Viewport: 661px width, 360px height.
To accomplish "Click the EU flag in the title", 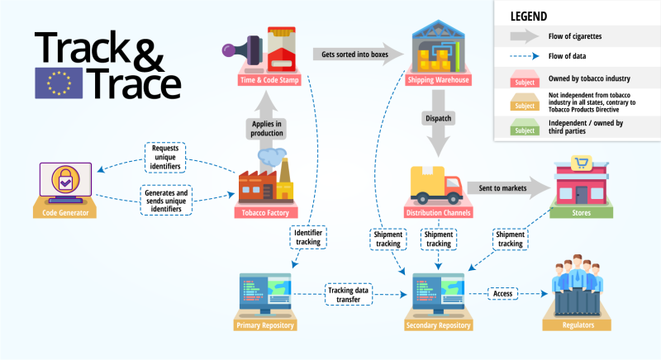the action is (59, 83).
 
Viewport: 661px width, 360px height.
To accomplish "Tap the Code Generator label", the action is (65, 213).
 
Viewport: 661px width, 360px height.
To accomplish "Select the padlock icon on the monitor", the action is (65, 179).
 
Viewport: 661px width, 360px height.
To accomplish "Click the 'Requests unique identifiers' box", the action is (165, 158).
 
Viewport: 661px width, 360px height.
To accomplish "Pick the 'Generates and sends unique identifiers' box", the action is (166, 201).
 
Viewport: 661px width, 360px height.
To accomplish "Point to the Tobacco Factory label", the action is (265, 213).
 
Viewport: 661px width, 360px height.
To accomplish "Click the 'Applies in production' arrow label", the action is (266, 129).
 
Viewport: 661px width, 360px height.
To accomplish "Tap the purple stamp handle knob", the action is (229, 50).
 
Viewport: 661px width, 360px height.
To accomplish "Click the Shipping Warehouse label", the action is (438, 80).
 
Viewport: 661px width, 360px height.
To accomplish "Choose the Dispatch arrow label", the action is (439, 118).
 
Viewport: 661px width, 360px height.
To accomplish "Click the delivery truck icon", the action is (436, 185).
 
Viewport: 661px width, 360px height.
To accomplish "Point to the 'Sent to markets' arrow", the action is (509, 188).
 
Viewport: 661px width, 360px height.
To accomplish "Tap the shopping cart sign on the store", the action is (582, 163).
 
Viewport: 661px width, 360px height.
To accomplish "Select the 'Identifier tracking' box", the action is (308, 237).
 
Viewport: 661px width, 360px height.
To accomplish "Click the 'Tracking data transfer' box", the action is (348, 294).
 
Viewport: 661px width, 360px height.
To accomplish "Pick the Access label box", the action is (503, 293).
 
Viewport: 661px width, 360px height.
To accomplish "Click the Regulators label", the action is (578, 325).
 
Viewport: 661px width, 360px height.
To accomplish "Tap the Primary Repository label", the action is (265, 325).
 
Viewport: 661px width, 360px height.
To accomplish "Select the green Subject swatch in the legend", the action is (525, 127).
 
